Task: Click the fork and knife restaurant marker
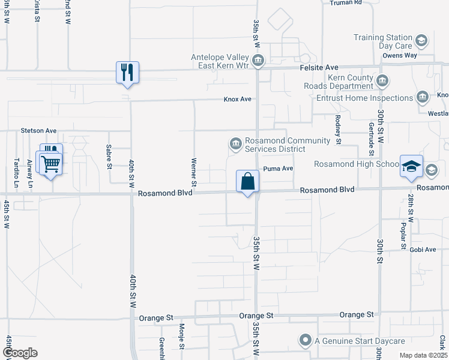(x=127, y=73)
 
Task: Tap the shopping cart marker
(x=50, y=162)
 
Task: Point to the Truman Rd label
(x=346, y=2)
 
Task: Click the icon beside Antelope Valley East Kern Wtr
(x=258, y=60)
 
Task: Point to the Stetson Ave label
(x=38, y=130)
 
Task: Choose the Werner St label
(x=194, y=170)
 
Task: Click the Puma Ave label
(x=278, y=169)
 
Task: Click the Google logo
(x=20, y=353)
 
